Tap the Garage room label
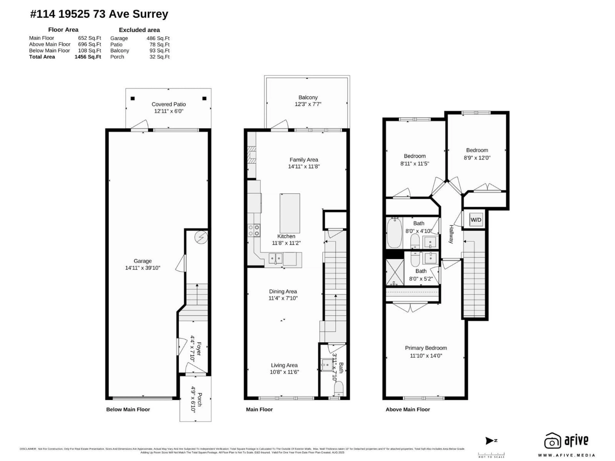point(143,261)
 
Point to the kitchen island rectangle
point(290,213)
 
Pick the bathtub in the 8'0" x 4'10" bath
point(394,233)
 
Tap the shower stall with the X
point(394,272)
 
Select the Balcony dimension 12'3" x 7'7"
point(308,104)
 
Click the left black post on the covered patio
point(133,98)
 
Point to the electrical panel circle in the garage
point(201,237)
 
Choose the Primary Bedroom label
point(426,348)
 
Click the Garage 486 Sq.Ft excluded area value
point(158,38)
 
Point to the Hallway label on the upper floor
point(451,234)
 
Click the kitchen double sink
point(275,258)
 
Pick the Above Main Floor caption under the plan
point(408,409)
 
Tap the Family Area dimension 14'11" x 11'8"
point(304,166)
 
